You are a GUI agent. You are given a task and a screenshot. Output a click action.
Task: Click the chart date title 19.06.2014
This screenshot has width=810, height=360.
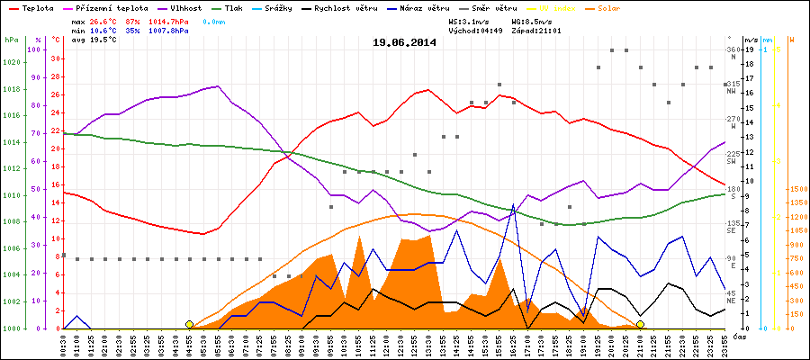coord(405,42)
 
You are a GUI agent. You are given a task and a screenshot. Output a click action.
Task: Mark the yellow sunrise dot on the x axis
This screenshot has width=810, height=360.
coord(189,324)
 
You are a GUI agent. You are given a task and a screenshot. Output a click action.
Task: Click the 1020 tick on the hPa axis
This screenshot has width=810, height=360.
coord(12,62)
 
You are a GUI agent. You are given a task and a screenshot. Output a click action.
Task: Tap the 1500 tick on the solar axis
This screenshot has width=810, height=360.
coord(796,190)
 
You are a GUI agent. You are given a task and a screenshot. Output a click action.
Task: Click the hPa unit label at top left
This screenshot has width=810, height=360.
coord(11,40)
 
